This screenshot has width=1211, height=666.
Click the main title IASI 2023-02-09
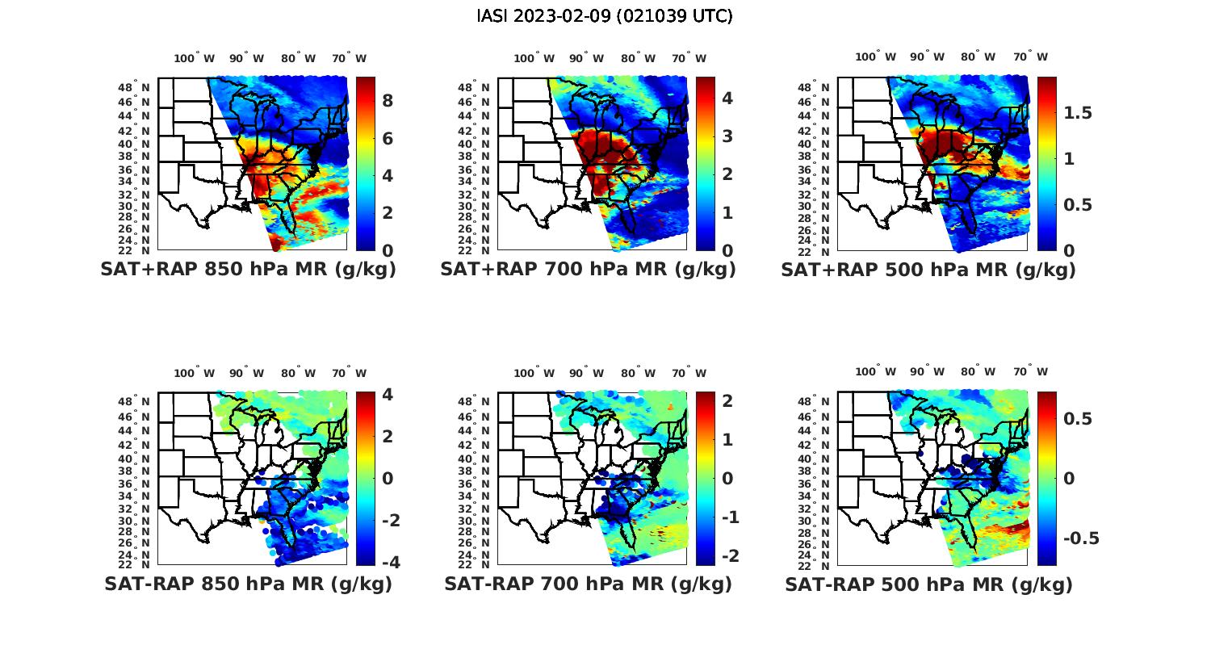[605, 16]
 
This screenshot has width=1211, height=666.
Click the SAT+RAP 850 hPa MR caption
[248, 270]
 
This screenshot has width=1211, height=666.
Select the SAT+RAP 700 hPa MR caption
[588, 270]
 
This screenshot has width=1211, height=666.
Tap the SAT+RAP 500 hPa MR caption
[928, 270]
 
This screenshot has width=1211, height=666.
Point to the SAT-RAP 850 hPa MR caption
[248, 584]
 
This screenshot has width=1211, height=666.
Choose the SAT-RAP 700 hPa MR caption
[588, 584]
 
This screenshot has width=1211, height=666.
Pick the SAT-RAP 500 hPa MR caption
[928, 584]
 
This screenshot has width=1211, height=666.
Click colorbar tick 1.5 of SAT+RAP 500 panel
[1078, 112]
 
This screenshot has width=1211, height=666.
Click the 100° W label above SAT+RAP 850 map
[195, 58]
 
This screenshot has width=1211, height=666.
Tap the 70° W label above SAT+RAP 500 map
[1031, 57]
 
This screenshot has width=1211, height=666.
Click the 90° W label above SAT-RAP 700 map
[586, 373]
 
